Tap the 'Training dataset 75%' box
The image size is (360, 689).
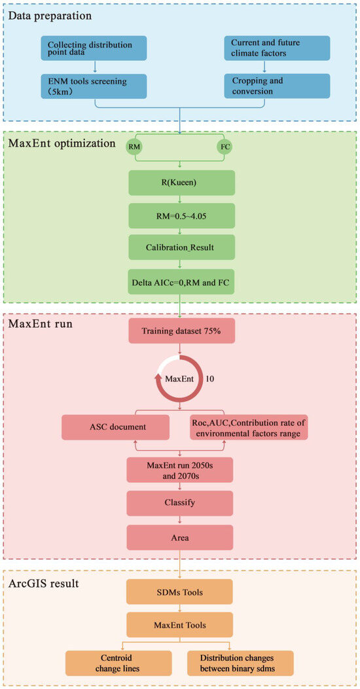[x=179, y=331]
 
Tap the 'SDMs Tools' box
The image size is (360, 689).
[x=179, y=592]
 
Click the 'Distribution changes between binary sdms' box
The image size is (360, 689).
[x=240, y=662]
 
